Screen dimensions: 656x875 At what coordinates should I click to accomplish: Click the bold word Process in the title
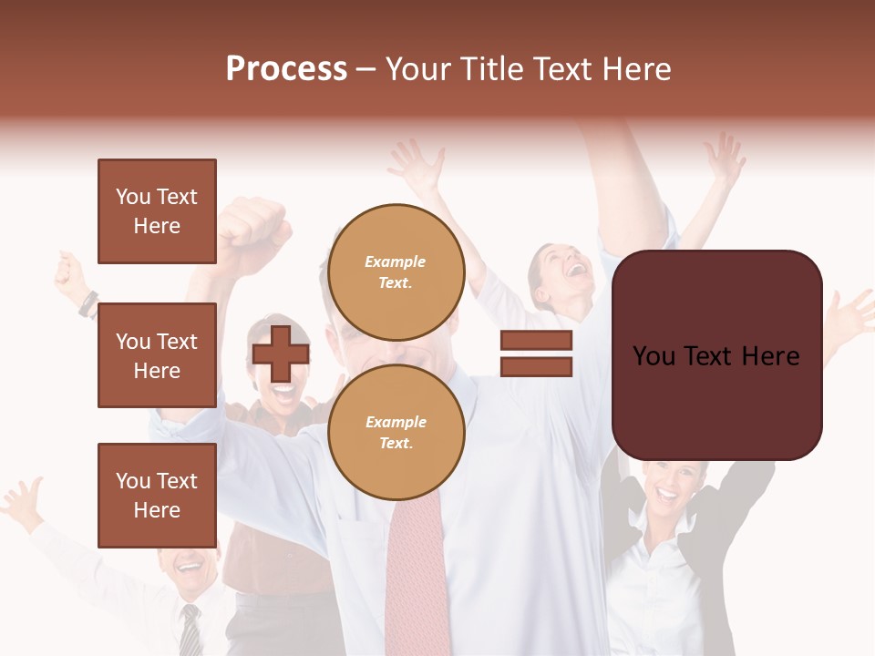click(286, 69)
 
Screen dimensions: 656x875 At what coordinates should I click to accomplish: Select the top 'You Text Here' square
click(157, 211)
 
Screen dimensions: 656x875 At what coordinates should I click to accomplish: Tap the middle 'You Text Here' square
click(157, 355)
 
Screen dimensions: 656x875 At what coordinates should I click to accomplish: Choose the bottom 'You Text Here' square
click(157, 495)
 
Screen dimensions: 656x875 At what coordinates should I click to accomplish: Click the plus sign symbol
click(281, 354)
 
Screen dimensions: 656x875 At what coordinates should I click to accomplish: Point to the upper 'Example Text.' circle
click(396, 272)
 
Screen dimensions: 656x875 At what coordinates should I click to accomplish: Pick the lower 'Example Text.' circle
click(396, 432)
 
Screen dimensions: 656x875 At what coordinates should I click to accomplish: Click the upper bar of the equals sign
click(536, 341)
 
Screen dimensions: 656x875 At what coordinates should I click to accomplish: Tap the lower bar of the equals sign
click(536, 366)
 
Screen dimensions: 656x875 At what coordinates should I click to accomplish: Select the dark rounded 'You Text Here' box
click(716, 355)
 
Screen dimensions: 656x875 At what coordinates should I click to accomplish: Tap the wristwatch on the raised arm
click(88, 303)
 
